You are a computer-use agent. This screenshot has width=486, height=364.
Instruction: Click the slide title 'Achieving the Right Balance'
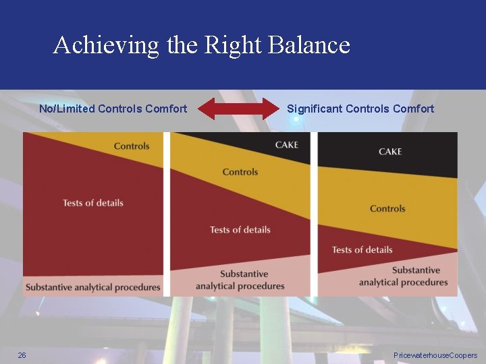[x=201, y=45]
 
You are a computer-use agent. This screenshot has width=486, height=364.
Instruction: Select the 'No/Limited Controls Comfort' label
[x=113, y=109]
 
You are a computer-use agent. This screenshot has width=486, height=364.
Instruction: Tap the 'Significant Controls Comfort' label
[x=360, y=109]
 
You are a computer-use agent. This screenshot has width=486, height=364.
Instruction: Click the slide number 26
[x=22, y=355]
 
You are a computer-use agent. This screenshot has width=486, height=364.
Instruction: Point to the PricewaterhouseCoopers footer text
[x=435, y=355]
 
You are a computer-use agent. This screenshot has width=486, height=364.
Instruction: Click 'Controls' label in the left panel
[x=132, y=146]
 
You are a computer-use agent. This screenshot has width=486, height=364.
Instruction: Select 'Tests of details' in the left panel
[x=93, y=203]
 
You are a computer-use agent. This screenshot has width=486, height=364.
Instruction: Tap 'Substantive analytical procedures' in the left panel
[x=93, y=287]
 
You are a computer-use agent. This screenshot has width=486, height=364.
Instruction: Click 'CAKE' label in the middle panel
[x=286, y=145]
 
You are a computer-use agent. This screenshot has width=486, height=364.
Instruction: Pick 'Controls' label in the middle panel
[x=240, y=172]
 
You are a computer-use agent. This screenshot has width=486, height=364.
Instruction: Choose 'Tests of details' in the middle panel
[x=240, y=230]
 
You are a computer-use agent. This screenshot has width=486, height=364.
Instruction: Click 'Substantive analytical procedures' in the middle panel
[x=240, y=280]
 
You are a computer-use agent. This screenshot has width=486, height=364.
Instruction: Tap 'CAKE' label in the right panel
[x=390, y=152]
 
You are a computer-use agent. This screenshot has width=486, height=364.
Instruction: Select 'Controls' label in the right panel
[x=387, y=209]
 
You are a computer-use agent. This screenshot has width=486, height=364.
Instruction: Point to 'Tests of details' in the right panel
[x=362, y=250]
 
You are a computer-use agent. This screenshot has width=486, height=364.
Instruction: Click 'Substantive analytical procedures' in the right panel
[x=404, y=276]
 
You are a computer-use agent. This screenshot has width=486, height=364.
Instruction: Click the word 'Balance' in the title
[x=309, y=45]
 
